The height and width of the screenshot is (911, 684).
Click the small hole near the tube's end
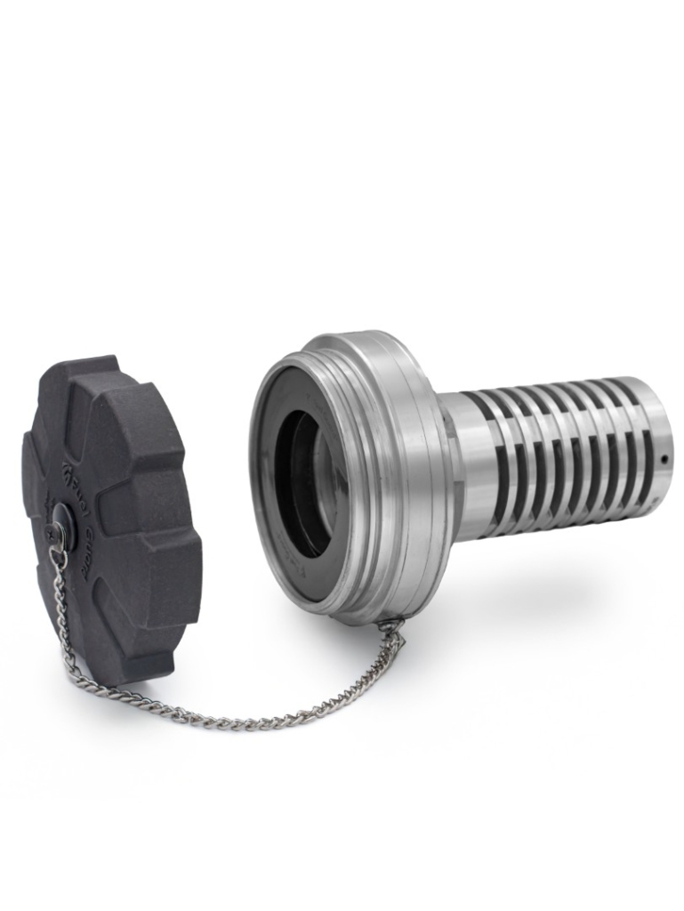(x=663, y=460)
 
